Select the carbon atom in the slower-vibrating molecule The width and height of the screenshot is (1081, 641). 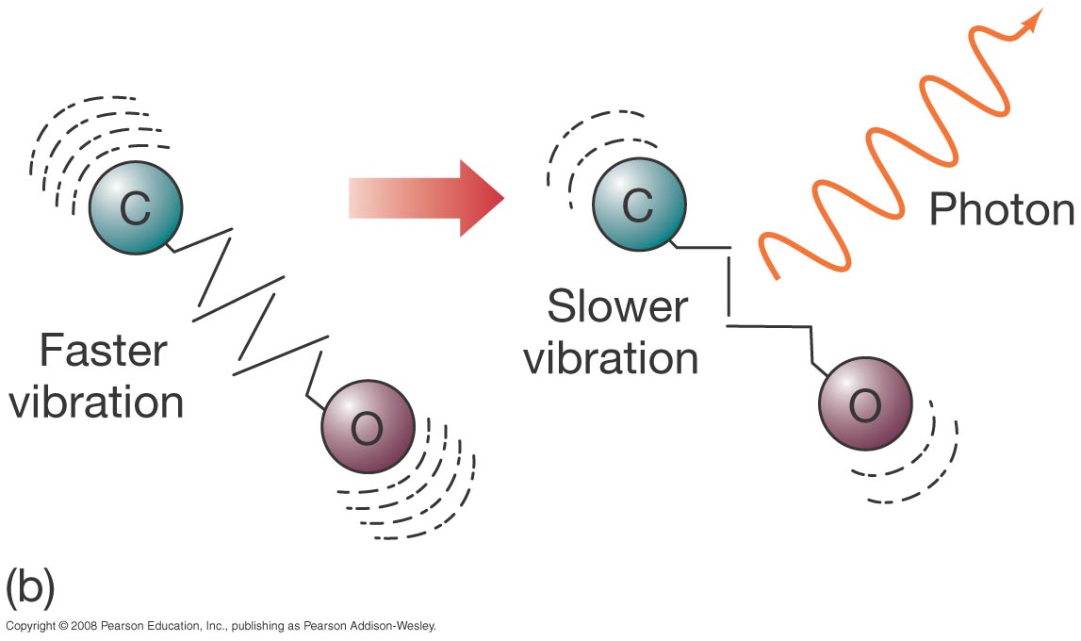(637, 205)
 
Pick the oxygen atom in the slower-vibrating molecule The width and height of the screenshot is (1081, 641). (864, 405)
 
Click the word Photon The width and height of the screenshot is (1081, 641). (1001, 209)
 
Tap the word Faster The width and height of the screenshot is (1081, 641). (103, 352)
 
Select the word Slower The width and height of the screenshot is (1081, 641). (617, 308)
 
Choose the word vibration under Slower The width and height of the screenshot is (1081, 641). (611, 358)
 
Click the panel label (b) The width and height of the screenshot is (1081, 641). (29, 587)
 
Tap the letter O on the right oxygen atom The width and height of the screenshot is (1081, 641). (864, 407)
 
